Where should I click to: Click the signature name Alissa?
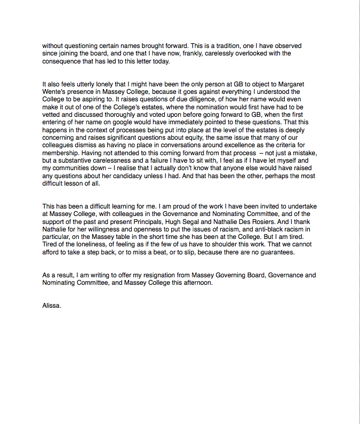coord(52,306)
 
